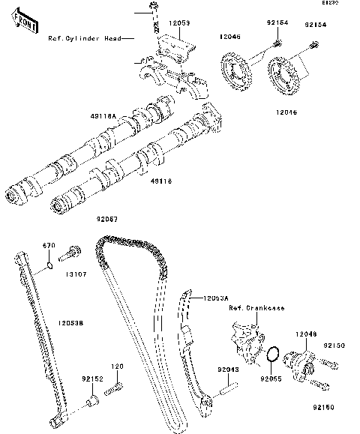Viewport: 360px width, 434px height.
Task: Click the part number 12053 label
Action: pos(178,24)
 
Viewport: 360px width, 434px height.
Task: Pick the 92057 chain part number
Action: pos(107,219)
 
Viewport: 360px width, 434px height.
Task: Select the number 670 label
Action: pos(49,245)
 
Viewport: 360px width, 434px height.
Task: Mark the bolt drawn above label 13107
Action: pos(72,252)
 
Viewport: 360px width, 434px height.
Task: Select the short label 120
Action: pos(116,367)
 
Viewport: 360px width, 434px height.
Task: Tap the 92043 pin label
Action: pos(228,369)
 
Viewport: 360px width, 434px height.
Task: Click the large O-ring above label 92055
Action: pos(274,353)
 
